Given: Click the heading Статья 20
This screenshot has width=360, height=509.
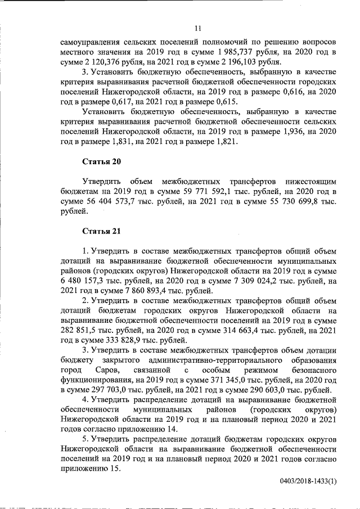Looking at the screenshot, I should coord(101,162).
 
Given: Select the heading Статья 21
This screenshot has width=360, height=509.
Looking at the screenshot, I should coord(101,231).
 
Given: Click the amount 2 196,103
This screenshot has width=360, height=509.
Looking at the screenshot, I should coord(244,62).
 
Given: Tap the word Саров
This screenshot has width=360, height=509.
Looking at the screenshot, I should coord(105,371).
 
